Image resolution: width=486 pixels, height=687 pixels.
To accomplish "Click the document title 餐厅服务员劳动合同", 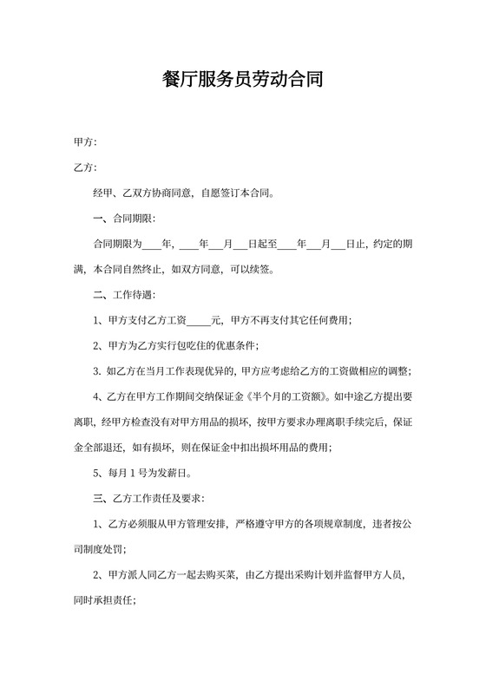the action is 243,81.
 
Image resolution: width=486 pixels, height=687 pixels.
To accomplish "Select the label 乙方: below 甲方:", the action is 85,167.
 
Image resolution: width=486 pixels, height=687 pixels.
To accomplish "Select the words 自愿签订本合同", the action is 237,193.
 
